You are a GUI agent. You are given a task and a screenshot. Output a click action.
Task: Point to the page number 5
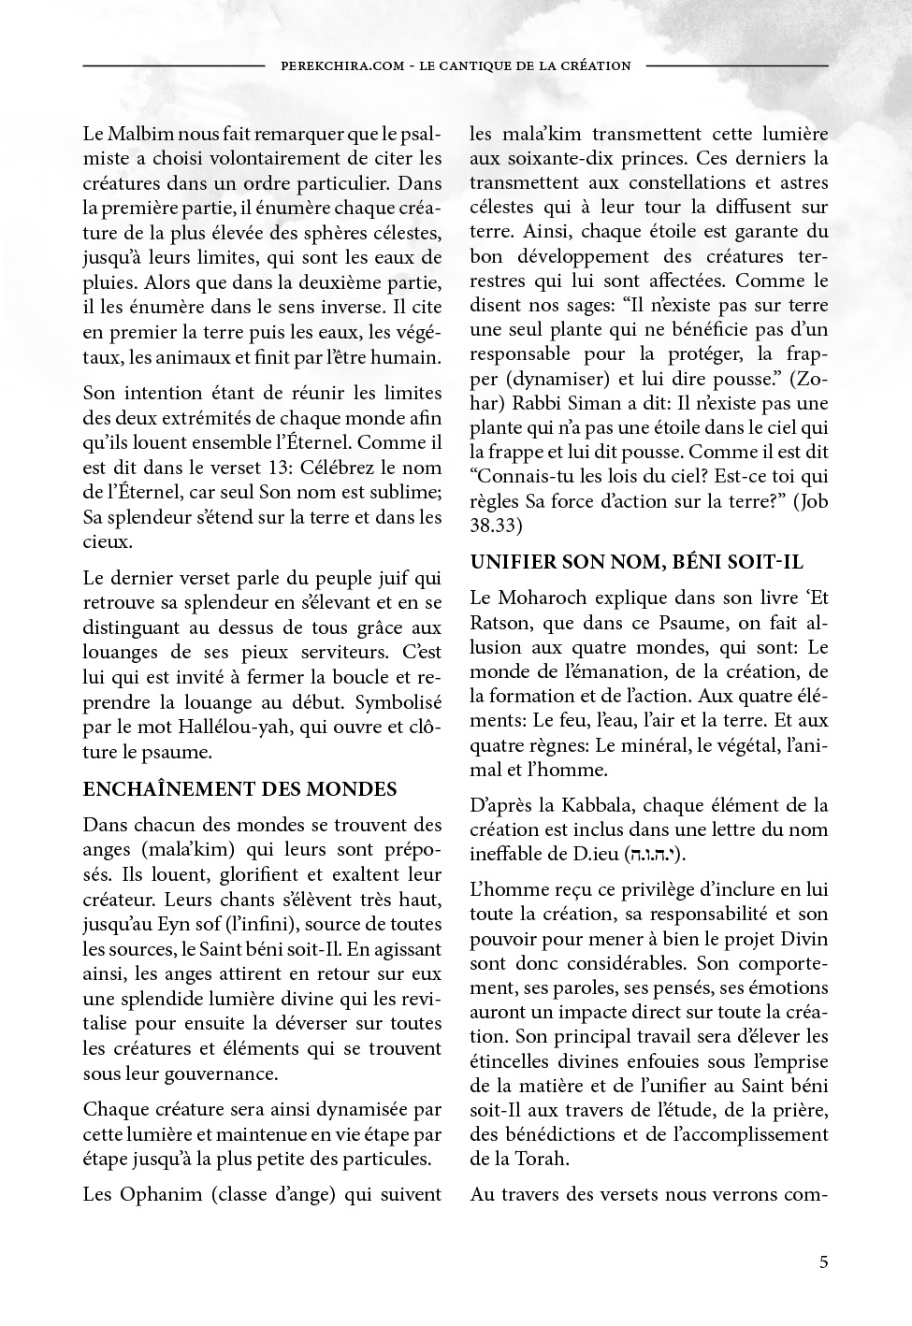(823, 1262)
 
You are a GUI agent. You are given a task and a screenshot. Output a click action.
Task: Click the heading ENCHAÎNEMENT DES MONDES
(240, 789)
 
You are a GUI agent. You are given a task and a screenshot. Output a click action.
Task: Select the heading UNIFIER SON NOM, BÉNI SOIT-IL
(636, 562)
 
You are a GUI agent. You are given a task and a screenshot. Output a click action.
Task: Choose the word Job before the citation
(815, 501)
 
